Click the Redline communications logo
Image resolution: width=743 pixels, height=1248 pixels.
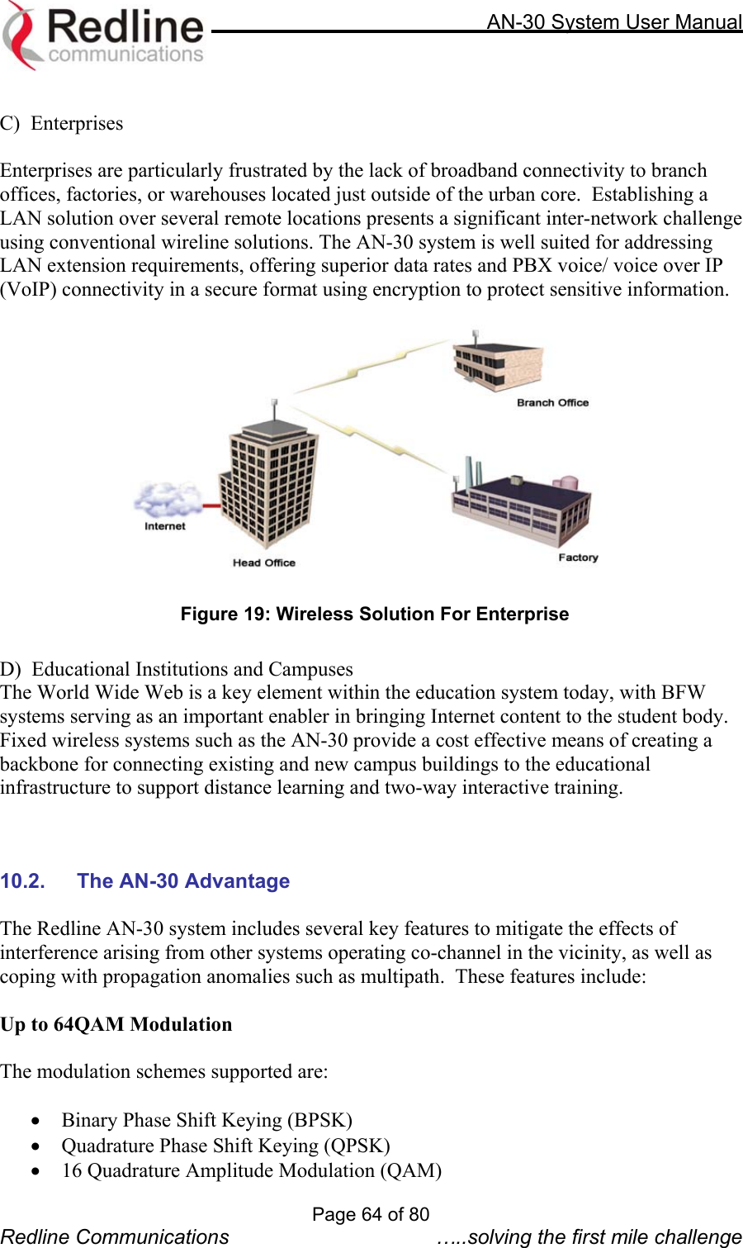(x=103, y=35)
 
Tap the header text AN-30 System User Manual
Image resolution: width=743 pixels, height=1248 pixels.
(x=613, y=21)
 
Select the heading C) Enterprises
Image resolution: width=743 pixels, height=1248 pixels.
(x=62, y=124)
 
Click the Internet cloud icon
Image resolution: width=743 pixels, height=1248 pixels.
(x=168, y=500)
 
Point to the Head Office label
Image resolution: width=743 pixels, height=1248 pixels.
(x=263, y=562)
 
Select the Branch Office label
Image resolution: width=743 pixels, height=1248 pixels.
(x=552, y=403)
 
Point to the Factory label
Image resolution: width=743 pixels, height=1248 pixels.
(x=578, y=558)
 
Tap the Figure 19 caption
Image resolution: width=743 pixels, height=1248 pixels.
(x=375, y=615)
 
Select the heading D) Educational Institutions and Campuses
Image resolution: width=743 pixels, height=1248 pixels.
(x=177, y=669)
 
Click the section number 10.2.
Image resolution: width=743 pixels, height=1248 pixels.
(x=22, y=881)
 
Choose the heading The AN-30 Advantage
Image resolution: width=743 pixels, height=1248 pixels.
(x=183, y=881)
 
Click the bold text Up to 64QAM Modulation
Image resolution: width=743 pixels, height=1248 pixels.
(x=116, y=1025)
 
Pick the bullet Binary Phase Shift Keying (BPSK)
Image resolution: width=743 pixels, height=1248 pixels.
(x=206, y=1121)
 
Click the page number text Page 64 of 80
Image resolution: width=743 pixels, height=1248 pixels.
(x=371, y=1214)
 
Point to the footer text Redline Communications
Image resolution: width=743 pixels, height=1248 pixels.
(x=115, y=1236)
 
